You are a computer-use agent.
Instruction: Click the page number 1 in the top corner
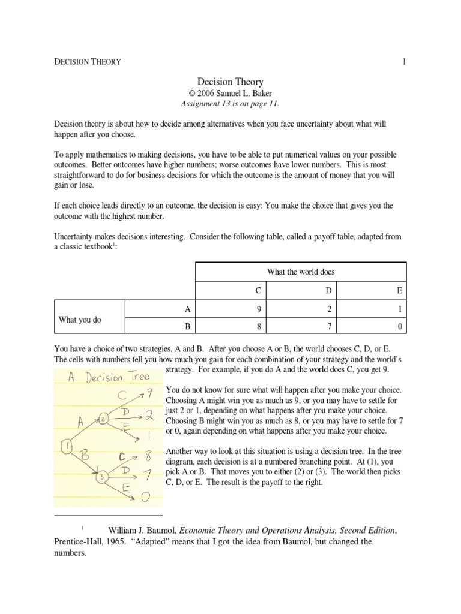tap(405, 62)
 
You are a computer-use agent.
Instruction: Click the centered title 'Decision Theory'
tap(230, 81)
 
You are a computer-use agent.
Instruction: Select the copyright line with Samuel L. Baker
tap(230, 93)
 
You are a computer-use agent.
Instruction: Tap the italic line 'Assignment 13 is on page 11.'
tap(230, 103)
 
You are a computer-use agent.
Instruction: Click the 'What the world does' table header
tap(300, 272)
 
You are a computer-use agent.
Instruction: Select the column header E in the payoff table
tap(400, 290)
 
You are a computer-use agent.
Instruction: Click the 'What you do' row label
tap(80, 320)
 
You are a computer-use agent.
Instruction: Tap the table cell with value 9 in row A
tap(258, 309)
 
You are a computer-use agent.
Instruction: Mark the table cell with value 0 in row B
tap(400, 327)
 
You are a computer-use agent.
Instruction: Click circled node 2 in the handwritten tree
tap(103, 419)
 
